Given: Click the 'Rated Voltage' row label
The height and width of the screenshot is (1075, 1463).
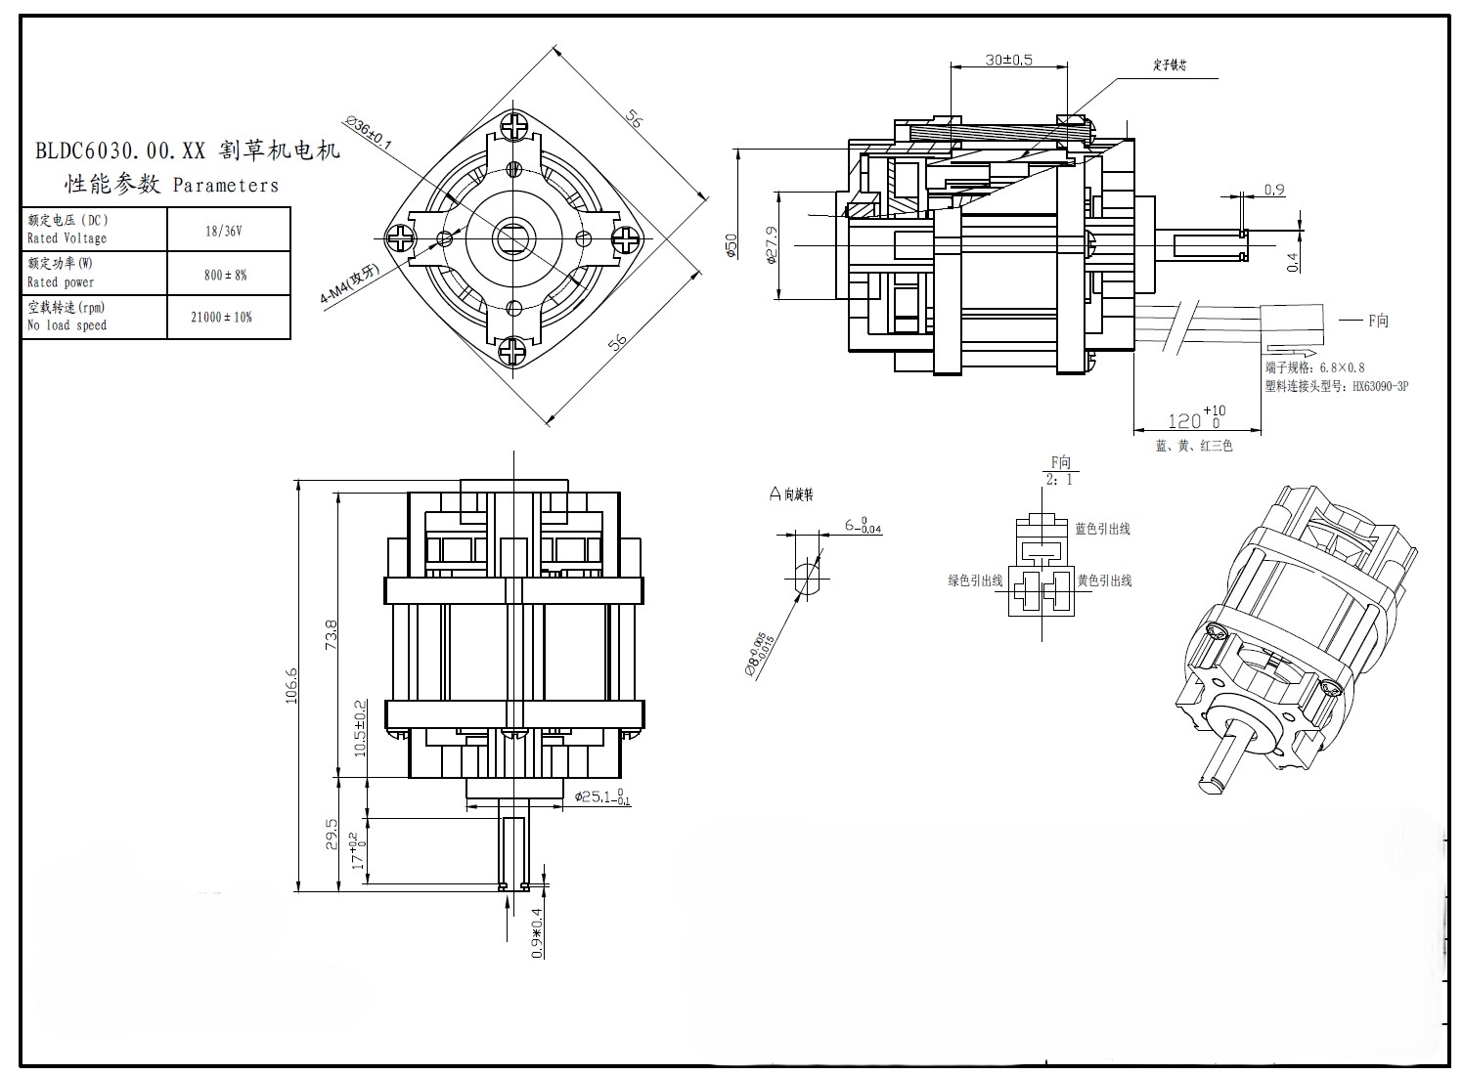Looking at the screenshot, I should coord(66,238).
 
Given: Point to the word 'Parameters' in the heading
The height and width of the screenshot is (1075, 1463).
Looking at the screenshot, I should coord(225,186).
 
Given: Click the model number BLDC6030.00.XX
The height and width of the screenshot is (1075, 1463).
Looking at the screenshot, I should coord(119,151).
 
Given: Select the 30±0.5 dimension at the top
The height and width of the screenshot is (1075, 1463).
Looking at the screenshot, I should coord(1008,60).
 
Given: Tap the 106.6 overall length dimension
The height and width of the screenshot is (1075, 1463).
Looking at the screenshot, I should coord(290,686).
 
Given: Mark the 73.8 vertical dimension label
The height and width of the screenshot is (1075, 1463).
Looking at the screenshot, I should coord(331,635).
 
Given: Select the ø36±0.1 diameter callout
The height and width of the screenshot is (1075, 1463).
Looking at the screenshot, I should coord(368,134).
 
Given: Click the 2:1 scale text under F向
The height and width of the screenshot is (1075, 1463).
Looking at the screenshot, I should coord(1059,480).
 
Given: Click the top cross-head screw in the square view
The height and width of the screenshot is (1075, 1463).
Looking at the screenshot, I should coord(517,126).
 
